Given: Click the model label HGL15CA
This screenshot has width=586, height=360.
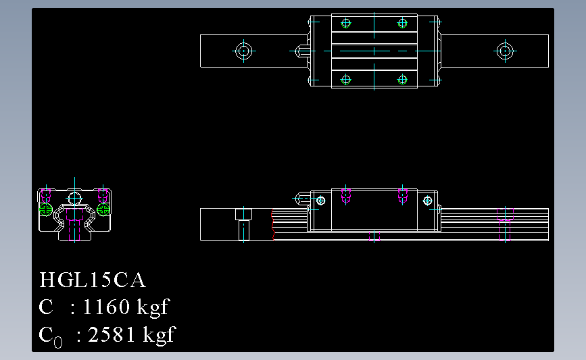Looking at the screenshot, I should tap(93, 280).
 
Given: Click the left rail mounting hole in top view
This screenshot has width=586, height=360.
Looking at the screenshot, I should tap(243, 51).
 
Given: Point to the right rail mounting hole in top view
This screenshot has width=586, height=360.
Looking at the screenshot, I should tap(504, 51).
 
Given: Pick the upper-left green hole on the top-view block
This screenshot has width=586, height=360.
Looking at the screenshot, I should tap(346, 23).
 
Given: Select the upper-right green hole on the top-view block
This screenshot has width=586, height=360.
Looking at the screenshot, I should tap(403, 23).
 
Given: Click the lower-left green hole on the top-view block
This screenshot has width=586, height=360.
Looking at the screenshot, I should tap(346, 80).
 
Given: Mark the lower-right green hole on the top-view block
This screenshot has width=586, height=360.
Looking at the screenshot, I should tap(403, 80).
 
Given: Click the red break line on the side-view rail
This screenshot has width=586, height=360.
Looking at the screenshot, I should tap(272, 224).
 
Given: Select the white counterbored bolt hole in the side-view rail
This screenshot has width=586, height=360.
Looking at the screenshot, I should tap(243, 223).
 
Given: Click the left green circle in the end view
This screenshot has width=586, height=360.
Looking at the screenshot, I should tap(46, 210).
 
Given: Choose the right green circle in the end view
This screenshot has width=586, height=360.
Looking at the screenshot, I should tap(103, 210).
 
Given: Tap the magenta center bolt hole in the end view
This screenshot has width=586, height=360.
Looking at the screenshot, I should tap(74, 223).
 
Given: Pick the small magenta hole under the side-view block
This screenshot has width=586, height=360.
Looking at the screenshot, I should tap(374, 236).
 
